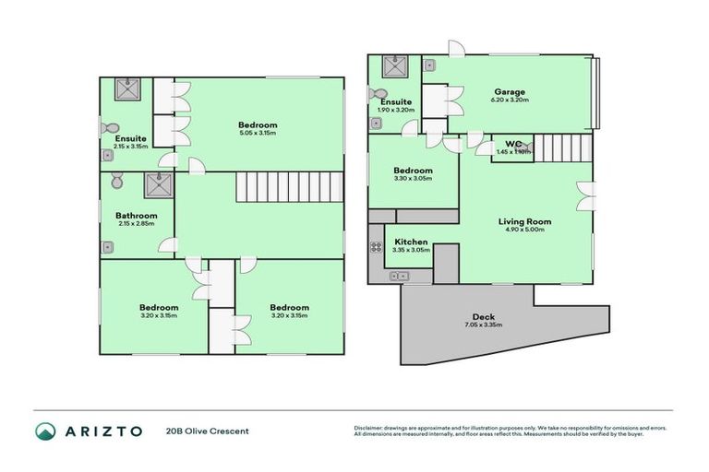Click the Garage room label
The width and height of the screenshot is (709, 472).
(509, 92)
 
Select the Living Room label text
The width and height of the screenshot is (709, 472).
(524, 221)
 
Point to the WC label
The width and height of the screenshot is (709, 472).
(513, 144)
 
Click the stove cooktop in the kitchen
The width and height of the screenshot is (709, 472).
(377, 247)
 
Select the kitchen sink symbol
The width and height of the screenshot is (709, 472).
(400, 275)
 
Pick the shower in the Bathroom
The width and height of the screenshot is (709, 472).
(154, 184)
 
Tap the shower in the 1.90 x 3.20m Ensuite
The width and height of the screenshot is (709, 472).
(395, 67)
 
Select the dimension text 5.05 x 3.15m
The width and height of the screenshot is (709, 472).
(258, 134)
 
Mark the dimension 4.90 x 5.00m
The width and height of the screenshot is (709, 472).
(524, 230)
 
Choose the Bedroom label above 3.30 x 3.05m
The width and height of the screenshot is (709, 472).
(413, 171)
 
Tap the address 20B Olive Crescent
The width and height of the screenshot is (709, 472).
(208, 431)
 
